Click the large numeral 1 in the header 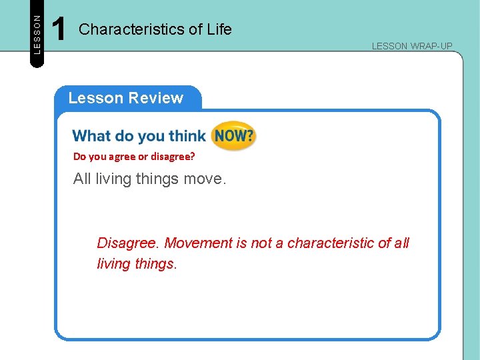pyautogui.click(x=59, y=30)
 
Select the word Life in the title pyautogui.click(x=219, y=29)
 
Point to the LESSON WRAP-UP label pyautogui.click(x=412, y=46)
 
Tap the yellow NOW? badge pyautogui.click(x=233, y=136)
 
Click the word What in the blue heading pyautogui.click(x=91, y=136)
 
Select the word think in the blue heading pyautogui.click(x=187, y=136)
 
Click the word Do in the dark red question pyautogui.click(x=79, y=157)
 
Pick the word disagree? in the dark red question pyautogui.click(x=175, y=157)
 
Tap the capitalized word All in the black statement pyautogui.click(x=82, y=179)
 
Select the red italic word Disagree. pyautogui.click(x=128, y=243)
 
